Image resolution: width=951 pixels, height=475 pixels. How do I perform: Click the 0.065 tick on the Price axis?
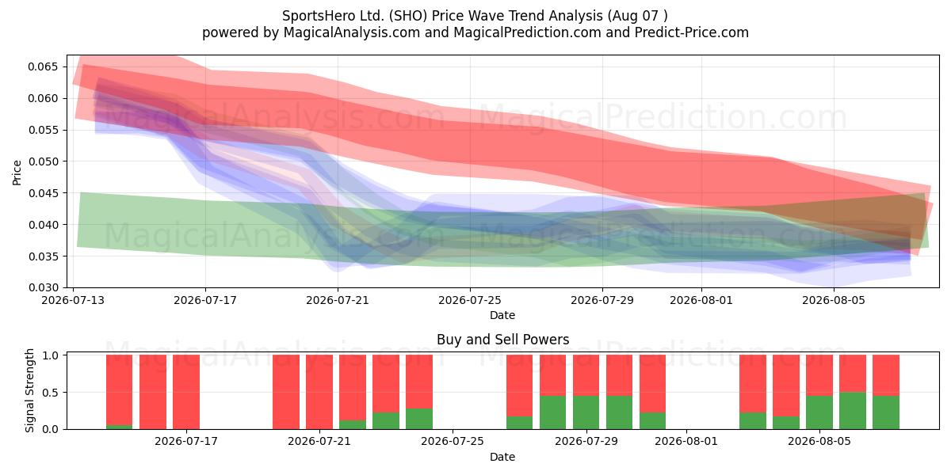[x=43, y=67]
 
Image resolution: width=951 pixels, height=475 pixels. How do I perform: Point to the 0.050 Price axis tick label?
[x=43, y=161]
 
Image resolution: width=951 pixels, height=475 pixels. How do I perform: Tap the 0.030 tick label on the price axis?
[x=43, y=288]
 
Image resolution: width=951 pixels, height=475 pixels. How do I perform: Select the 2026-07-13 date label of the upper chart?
[x=73, y=300]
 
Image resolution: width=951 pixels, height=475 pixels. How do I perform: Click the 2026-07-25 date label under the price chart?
[x=469, y=300]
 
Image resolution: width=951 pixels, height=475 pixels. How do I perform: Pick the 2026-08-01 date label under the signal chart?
[x=686, y=441]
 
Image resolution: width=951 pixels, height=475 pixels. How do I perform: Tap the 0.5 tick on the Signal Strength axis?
[x=51, y=393]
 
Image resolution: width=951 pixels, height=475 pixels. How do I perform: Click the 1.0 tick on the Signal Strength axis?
[x=51, y=355]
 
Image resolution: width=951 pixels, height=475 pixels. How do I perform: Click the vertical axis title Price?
[x=17, y=173]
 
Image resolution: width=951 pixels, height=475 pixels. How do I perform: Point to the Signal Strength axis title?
[x=29, y=390]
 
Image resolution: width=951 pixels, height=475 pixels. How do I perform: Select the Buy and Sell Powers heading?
[x=502, y=340]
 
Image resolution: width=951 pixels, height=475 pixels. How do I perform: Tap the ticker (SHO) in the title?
[x=408, y=16]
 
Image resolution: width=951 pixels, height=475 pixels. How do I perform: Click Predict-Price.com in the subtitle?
[x=692, y=32]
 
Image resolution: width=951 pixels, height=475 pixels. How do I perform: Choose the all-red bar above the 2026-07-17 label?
[x=186, y=392]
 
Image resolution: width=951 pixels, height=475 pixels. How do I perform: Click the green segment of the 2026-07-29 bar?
[x=586, y=412]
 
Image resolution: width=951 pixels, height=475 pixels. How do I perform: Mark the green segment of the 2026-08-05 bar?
[x=819, y=412]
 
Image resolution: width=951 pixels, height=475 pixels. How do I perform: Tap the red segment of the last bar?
[x=886, y=375]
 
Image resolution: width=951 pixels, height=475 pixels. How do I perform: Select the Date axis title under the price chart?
[x=502, y=315]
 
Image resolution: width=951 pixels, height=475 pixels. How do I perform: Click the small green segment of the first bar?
[x=120, y=427]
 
